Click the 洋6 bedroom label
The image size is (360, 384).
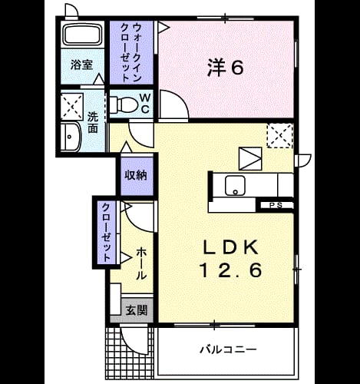click(225, 68)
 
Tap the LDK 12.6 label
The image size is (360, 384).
click(230, 259)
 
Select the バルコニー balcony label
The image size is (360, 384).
click(228, 349)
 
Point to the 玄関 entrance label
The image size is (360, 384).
click(137, 310)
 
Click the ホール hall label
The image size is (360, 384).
click(141, 263)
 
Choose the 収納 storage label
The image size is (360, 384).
click(136, 175)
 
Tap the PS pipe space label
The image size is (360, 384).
click(276, 205)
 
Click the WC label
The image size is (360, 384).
click(145, 104)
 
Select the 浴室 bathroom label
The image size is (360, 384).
click(81, 65)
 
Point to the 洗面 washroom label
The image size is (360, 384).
click(93, 123)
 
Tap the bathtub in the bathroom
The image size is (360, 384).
click(83, 35)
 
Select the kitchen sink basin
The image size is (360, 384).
click(235, 185)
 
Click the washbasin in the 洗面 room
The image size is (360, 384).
click(71, 137)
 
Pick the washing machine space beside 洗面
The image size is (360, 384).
click(72, 106)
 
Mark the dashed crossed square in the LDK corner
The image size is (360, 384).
click(279, 136)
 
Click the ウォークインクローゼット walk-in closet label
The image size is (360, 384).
click(131, 52)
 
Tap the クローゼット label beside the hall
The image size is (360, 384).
click(106, 232)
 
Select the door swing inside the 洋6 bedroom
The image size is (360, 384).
click(174, 104)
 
